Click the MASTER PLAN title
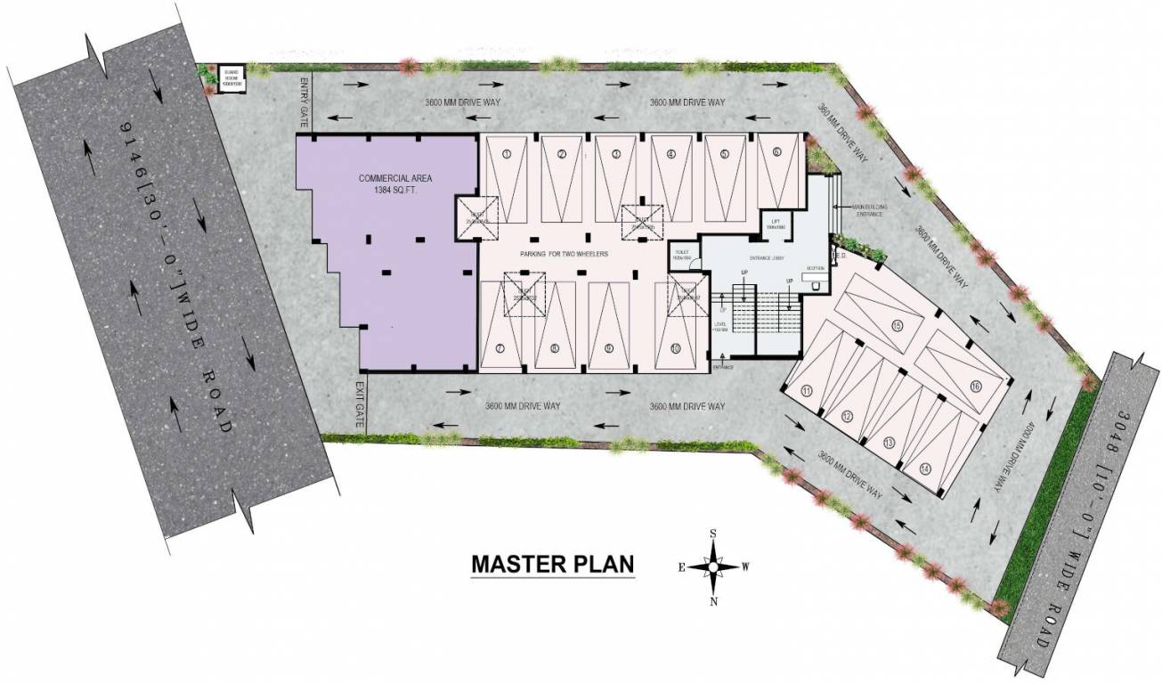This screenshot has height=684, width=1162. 552,565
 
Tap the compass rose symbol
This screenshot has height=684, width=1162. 714,566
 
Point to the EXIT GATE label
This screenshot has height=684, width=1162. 359,406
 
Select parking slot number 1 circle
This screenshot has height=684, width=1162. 506,154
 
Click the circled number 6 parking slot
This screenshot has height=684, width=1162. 776,152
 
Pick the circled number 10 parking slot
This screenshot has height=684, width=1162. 676,348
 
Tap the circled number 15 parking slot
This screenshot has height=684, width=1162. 897,325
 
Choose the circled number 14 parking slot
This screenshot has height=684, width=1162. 926,468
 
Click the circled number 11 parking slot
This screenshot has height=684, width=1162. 806,390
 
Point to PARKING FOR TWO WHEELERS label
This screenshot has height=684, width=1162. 564,255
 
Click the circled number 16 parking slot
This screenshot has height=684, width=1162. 976,386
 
